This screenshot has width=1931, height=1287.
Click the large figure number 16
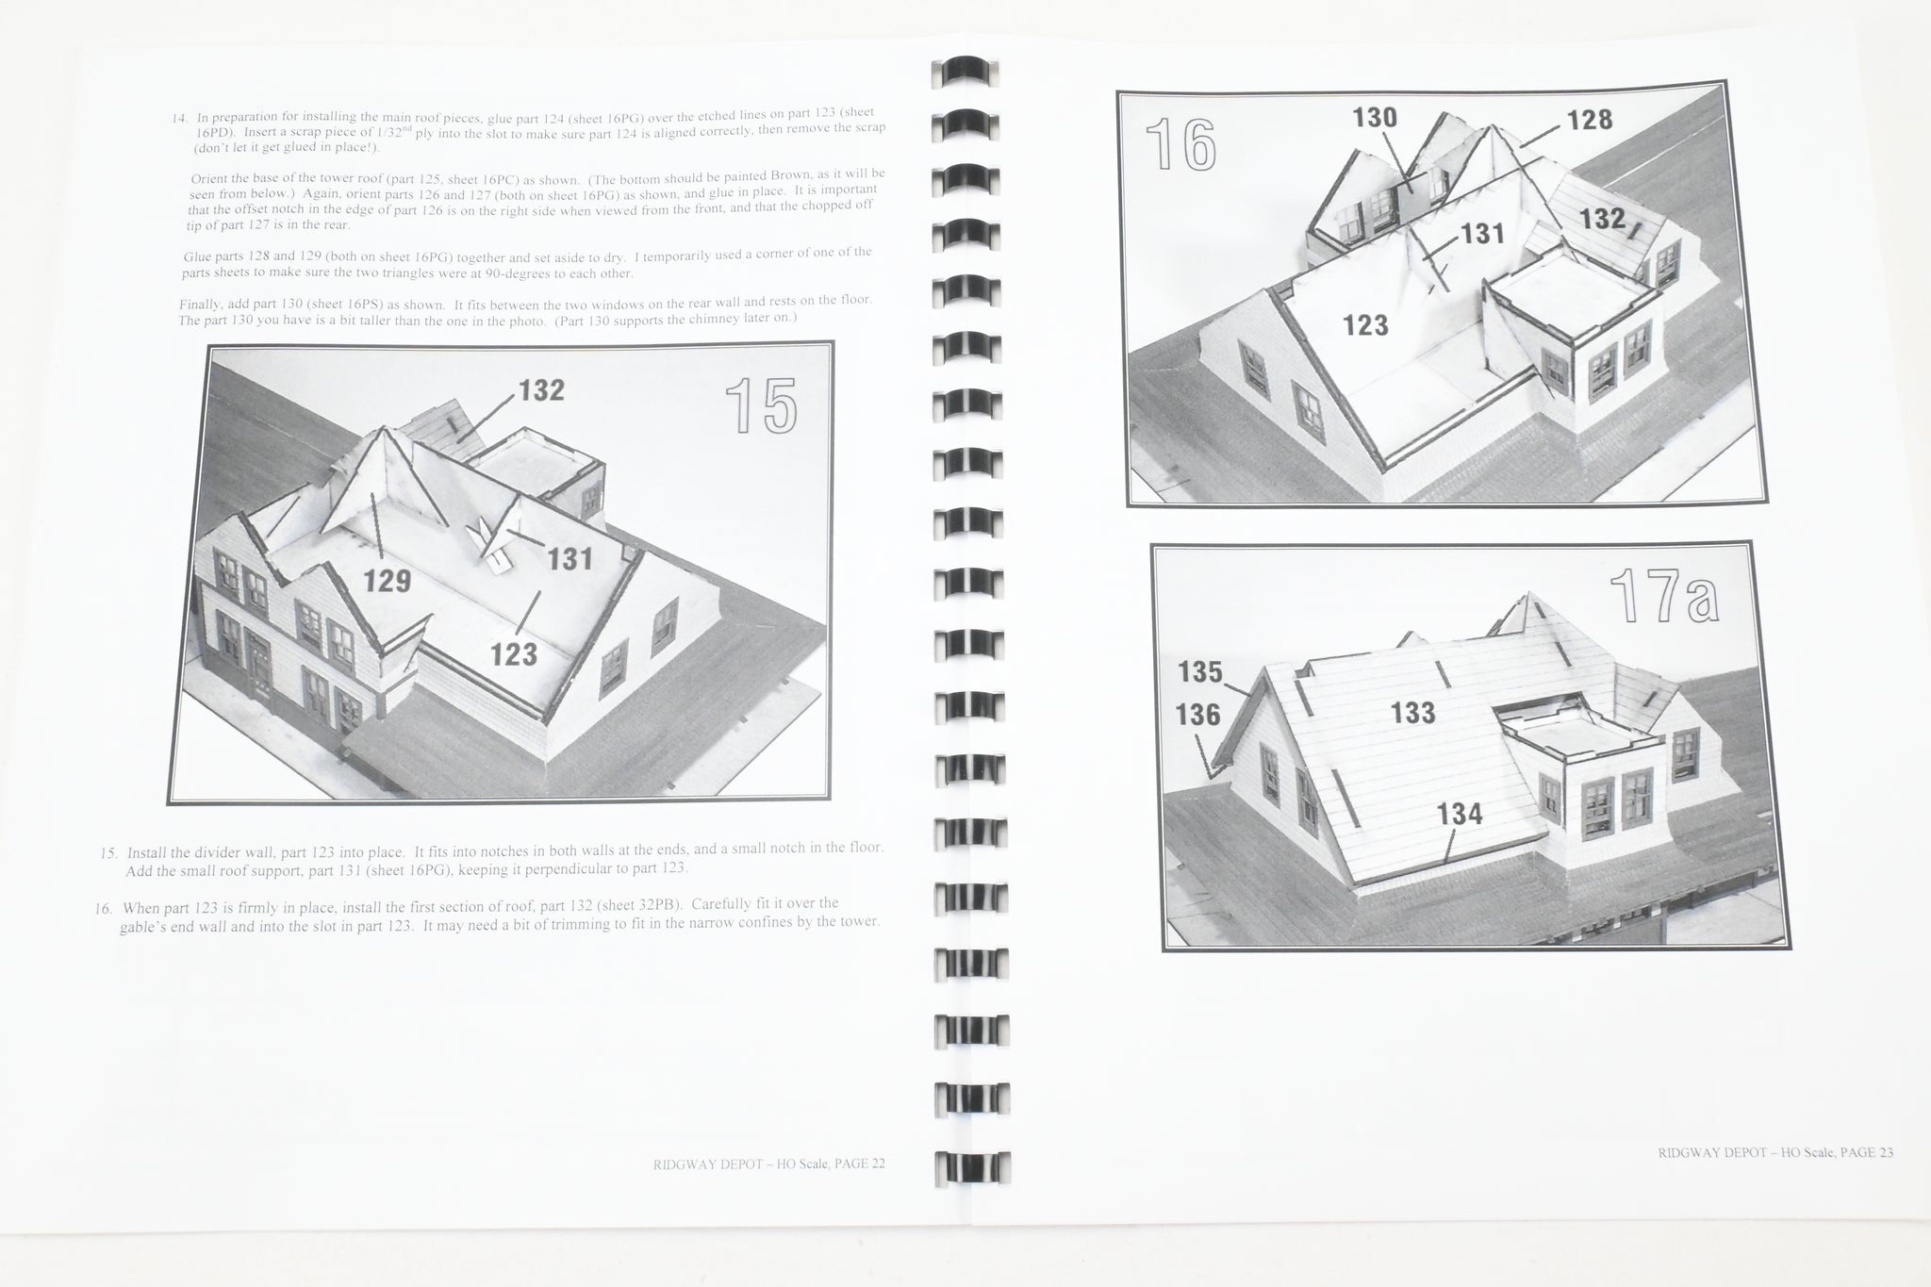pyautogui.click(x=1180, y=145)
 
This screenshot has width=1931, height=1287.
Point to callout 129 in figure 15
pyautogui.click(x=388, y=581)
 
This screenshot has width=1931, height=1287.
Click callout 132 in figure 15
pyautogui.click(x=541, y=390)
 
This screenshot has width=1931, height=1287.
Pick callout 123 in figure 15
pyautogui.click(x=514, y=653)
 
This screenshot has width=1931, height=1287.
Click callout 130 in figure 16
pyautogui.click(x=1375, y=118)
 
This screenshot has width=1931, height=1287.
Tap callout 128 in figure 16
pyautogui.click(x=1590, y=120)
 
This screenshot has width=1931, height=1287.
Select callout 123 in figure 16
pyautogui.click(x=1365, y=325)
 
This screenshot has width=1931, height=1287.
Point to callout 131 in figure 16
pyautogui.click(x=1481, y=233)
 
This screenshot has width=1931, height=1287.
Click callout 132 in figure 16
pyautogui.click(x=1602, y=219)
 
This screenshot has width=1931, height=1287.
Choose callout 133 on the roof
pyautogui.click(x=1412, y=713)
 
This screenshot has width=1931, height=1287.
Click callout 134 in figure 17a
pyautogui.click(x=1460, y=814)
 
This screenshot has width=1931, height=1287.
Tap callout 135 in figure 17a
pyautogui.click(x=1200, y=672)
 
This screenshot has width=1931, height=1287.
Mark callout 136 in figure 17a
pyautogui.click(x=1197, y=716)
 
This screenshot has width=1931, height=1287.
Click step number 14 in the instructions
pyautogui.click(x=179, y=119)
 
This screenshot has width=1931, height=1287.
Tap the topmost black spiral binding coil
pyautogui.click(x=965, y=74)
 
